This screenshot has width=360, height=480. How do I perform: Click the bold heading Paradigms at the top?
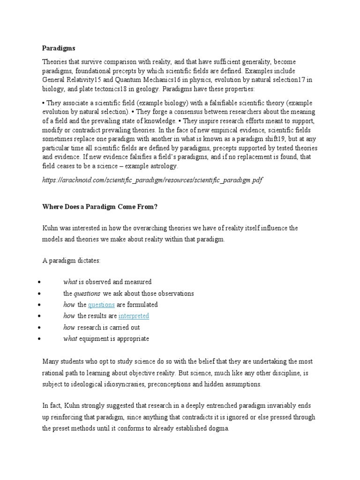[x=58, y=48]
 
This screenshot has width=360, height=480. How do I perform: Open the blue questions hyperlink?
[x=101, y=305]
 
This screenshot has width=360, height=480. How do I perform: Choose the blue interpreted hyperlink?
[x=134, y=316]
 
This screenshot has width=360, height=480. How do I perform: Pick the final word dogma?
[x=217, y=428]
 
